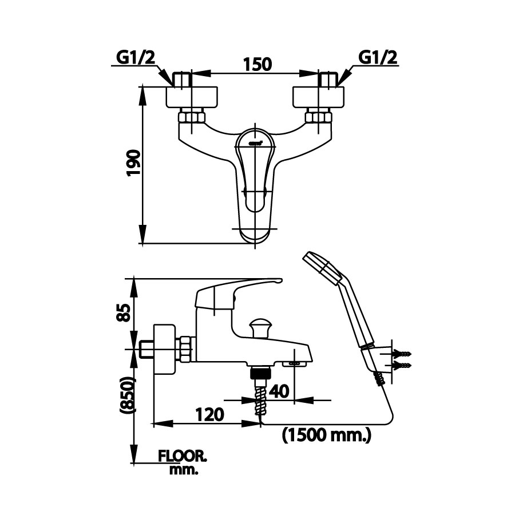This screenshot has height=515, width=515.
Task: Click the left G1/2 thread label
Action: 136,57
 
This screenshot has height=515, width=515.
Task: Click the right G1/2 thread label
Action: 378,57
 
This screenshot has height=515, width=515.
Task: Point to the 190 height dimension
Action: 132,165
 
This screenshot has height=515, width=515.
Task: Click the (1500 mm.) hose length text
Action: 327,436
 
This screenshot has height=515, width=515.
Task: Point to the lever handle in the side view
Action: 240,288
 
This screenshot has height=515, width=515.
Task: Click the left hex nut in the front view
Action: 191,118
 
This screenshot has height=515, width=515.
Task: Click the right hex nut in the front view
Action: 318,118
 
